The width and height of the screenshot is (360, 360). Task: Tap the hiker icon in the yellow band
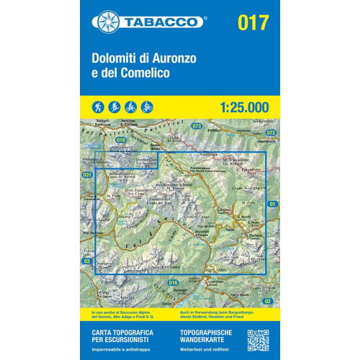point(96,107)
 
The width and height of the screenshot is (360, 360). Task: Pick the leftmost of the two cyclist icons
point(135,107)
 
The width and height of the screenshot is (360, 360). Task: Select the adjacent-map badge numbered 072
point(271,133)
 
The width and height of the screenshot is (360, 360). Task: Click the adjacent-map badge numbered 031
point(88,175)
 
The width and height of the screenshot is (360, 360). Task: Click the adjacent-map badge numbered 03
point(87,261)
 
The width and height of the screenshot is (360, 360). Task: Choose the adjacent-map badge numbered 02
point(268,300)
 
